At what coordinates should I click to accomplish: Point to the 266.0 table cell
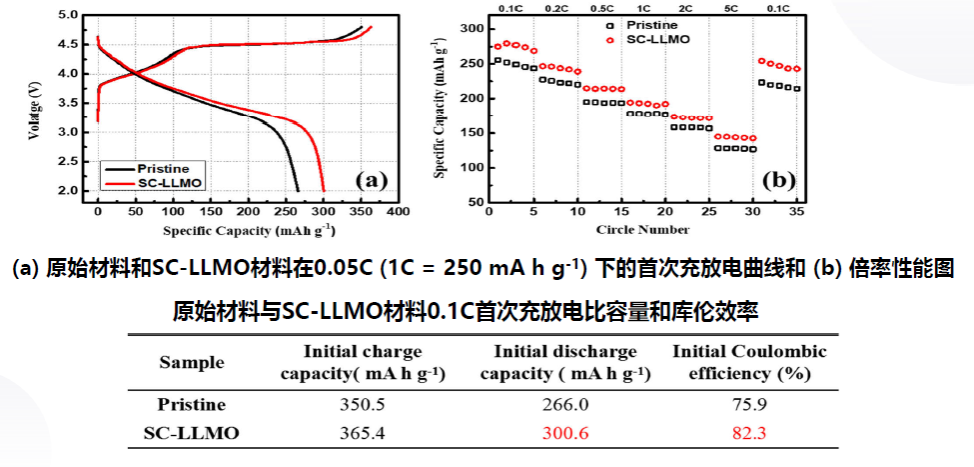click(564, 405)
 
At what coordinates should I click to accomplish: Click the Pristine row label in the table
click(192, 405)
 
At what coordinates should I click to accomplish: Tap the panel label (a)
click(370, 180)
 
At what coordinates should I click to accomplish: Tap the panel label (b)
click(778, 180)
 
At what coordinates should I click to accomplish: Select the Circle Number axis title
click(642, 230)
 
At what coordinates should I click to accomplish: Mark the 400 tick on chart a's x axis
click(399, 212)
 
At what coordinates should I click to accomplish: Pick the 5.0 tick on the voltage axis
click(67, 16)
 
